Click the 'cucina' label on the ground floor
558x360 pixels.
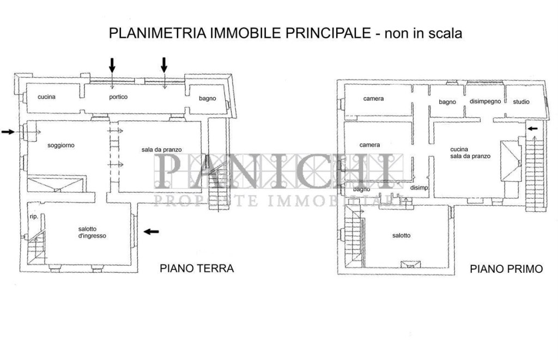tap(47, 97)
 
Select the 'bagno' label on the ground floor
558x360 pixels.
tap(207, 99)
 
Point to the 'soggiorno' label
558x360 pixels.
tap(60, 145)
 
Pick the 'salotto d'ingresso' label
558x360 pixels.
tap(92, 233)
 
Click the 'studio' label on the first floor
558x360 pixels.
tap(521, 101)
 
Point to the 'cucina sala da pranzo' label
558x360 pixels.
tap(470, 152)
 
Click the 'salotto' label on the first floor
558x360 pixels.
tap(401, 235)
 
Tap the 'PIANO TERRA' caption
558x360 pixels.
tap(196, 268)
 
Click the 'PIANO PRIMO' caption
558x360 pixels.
tap(506, 269)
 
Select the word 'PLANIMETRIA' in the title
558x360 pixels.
tap(156, 34)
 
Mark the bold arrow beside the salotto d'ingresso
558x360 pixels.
tap(151, 231)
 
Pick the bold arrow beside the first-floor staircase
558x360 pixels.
tap(533, 129)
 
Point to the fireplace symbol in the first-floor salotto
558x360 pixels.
tap(410, 265)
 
